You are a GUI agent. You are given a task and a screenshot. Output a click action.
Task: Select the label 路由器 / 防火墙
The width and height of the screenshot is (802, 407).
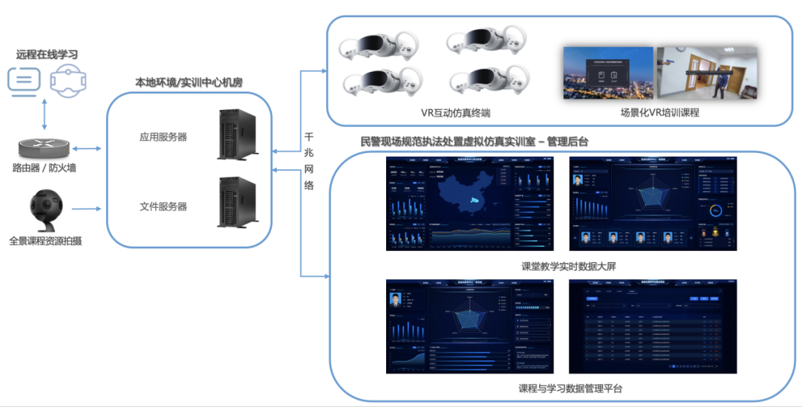pyautogui.click(x=44, y=168)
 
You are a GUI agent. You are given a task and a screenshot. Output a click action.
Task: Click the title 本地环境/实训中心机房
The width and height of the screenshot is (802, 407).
pyautogui.click(x=189, y=82)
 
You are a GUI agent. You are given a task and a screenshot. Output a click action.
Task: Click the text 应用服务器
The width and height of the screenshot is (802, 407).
pyautogui.click(x=163, y=137)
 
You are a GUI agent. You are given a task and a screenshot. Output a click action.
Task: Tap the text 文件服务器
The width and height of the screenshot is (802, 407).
pyautogui.click(x=163, y=206)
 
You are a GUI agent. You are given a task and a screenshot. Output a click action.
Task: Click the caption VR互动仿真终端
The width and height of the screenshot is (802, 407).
pyautogui.click(x=455, y=113)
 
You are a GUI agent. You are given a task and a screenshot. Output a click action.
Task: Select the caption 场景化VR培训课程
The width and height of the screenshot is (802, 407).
pyautogui.click(x=660, y=113)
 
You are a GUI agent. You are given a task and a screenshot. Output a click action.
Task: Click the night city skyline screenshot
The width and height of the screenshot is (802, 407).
pyautogui.click(x=607, y=74)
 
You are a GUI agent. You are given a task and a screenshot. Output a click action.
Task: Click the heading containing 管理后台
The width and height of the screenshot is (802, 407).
pyautogui.click(x=475, y=141)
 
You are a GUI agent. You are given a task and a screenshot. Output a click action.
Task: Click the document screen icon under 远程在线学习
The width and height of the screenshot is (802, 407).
pyautogui.click(x=25, y=79)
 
